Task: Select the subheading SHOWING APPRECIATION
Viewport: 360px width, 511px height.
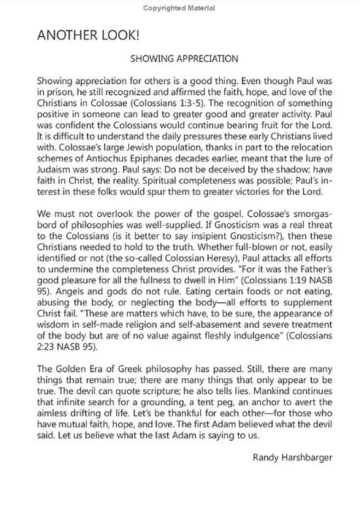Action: [x=180, y=62]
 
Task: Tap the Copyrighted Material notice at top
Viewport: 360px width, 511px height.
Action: [x=180, y=8]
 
